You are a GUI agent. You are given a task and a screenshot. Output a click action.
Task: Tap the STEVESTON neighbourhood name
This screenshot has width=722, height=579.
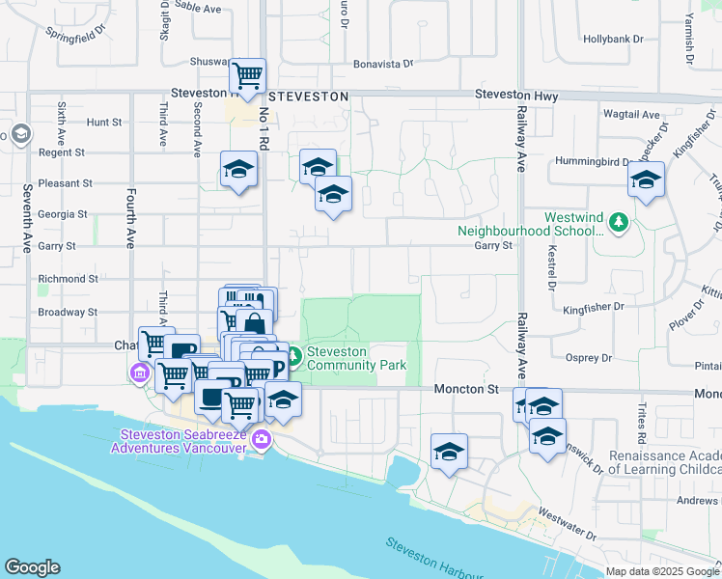click(308, 97)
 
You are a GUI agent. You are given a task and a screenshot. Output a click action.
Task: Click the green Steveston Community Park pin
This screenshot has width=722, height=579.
click(295, 357)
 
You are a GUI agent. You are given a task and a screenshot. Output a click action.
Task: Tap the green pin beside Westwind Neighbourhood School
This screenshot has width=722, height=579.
click(619, 224)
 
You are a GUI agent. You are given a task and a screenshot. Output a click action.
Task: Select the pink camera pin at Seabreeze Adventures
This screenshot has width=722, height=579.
click(261, 442)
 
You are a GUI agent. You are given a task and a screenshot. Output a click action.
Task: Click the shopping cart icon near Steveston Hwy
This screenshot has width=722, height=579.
click(248, 74)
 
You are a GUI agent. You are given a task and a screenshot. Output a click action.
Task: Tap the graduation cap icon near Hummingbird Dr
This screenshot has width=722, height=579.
click(646, 179)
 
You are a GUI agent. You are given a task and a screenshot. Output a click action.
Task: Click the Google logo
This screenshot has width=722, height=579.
click(32, 567)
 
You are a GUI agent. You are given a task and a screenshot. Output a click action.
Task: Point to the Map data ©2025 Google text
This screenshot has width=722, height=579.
click(662, 571)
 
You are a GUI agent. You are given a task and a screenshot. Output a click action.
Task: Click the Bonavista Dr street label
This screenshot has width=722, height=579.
click(382, 64)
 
